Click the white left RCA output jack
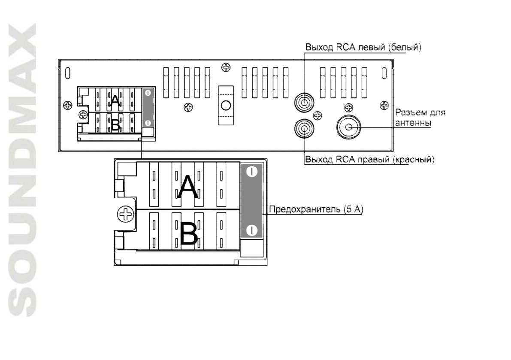304,102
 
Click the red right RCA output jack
304,128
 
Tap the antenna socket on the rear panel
349,127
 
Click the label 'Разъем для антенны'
420,118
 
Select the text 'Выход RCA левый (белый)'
363,47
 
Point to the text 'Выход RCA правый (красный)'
369,159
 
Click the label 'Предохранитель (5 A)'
316,209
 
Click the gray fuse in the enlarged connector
251,201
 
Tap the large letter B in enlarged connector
188,233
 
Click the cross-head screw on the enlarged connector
125,215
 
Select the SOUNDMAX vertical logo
22,170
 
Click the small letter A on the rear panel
115,100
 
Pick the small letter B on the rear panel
116,125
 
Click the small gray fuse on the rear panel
148,108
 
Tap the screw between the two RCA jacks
317,115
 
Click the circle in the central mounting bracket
226,105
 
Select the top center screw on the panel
226,67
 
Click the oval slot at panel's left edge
68,73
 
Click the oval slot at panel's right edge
384,73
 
